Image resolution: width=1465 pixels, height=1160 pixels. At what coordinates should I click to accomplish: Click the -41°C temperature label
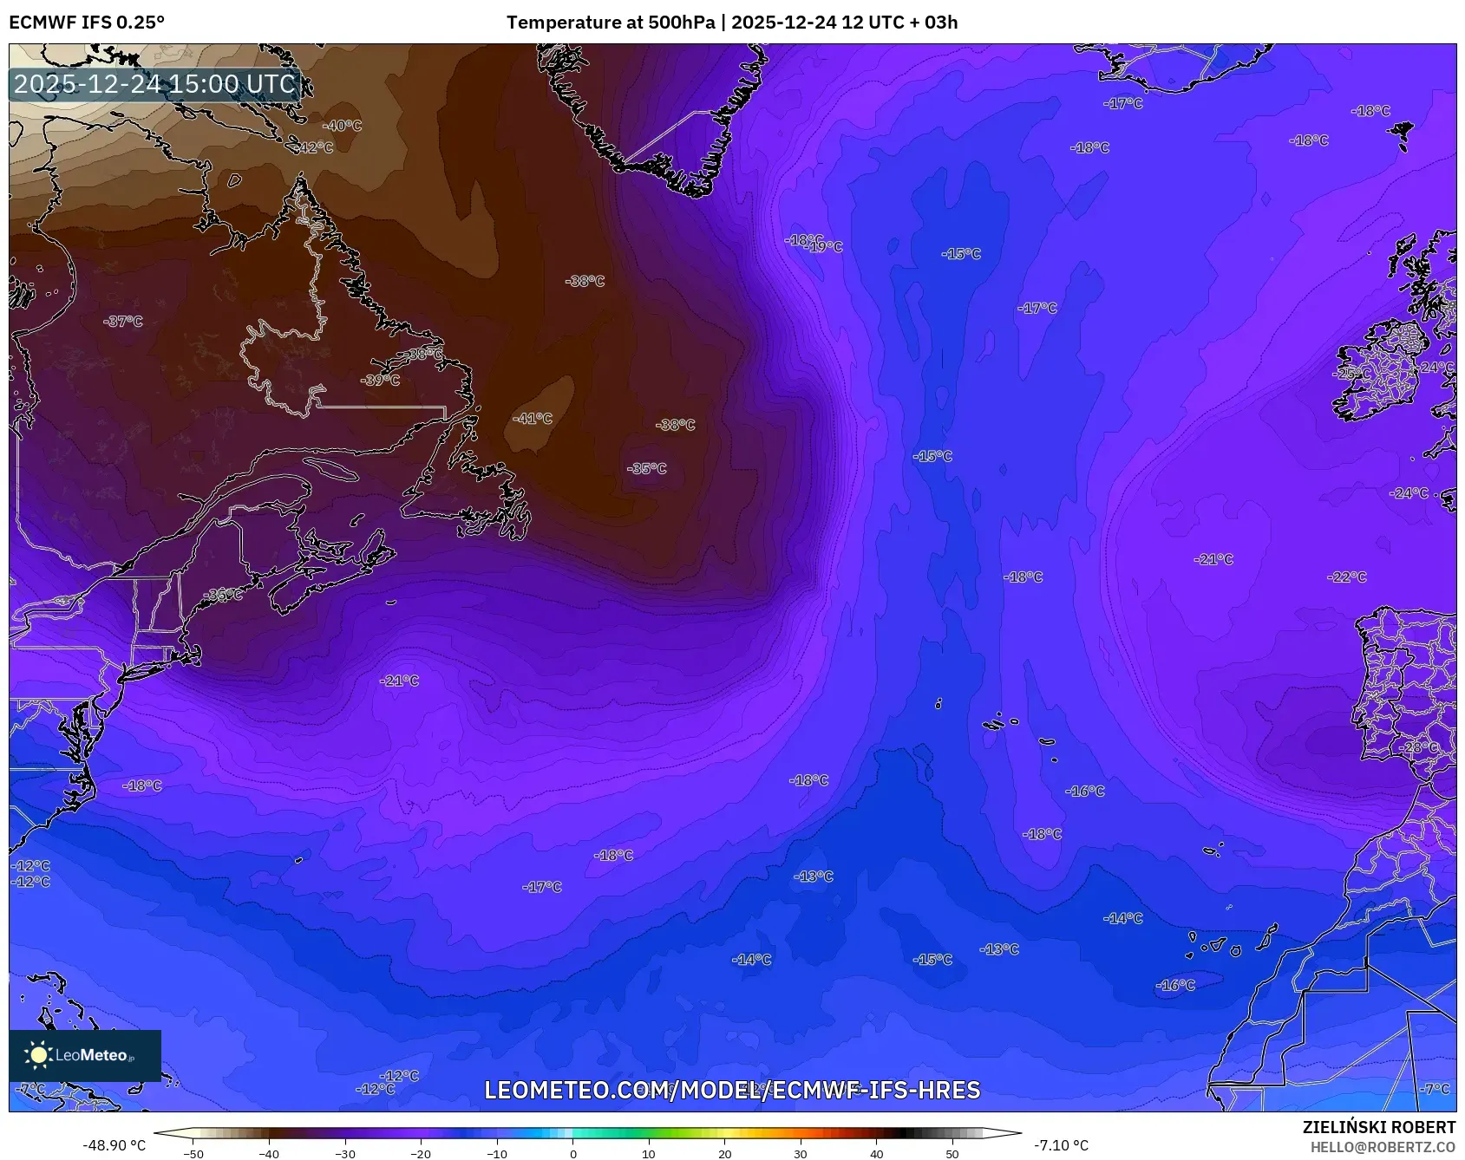coord(533,419)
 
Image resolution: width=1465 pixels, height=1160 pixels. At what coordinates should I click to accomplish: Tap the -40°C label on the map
coord(343,126)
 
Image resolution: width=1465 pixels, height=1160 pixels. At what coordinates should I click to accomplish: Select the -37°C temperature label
coord(123,322)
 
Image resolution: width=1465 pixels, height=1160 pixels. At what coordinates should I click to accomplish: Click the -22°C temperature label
coord(1347,577)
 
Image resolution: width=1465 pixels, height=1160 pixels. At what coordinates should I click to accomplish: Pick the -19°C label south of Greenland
coord(826,247)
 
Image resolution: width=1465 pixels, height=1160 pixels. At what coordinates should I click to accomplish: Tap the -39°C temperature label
coord(381,381)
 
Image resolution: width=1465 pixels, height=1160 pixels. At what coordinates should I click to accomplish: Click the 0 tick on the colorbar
coord(572,1153)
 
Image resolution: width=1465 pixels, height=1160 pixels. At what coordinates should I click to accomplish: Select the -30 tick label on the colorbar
coord(345,1153)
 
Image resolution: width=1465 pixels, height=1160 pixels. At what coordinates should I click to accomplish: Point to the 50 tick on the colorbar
coord(952,1153)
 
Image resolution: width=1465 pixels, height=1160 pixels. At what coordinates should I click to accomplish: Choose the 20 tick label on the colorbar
coord(724,1153)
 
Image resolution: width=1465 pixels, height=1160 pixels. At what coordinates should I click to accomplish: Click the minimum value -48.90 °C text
coord(114,1145)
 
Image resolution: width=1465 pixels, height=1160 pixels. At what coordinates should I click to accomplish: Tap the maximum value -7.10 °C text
coord(1061,1145)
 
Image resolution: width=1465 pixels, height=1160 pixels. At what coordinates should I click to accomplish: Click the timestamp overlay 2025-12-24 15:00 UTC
coord(154,84)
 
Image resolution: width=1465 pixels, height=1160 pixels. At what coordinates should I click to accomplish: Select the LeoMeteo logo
coord(85,1055)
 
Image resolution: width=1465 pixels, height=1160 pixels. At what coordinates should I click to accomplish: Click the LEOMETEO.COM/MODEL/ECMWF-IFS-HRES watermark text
coord(732,1090)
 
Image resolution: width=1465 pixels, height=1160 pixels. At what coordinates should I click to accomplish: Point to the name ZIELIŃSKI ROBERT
coord(1379,1127)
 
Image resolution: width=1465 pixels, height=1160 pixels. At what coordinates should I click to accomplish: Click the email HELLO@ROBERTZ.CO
coord(1383,1147)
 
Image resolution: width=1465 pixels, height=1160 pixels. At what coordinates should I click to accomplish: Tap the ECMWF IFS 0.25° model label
coord(87,23)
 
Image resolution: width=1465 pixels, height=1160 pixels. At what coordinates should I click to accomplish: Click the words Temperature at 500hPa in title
coord(611,23)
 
